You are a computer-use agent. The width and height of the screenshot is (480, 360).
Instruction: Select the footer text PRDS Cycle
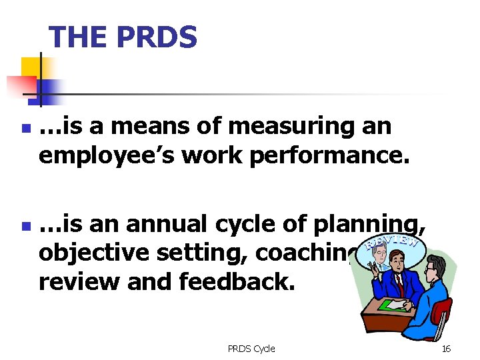coord(251,348)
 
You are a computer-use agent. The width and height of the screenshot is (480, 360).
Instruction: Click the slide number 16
coord(446,348)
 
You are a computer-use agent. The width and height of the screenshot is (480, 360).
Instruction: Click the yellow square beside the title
coord(31,67)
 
